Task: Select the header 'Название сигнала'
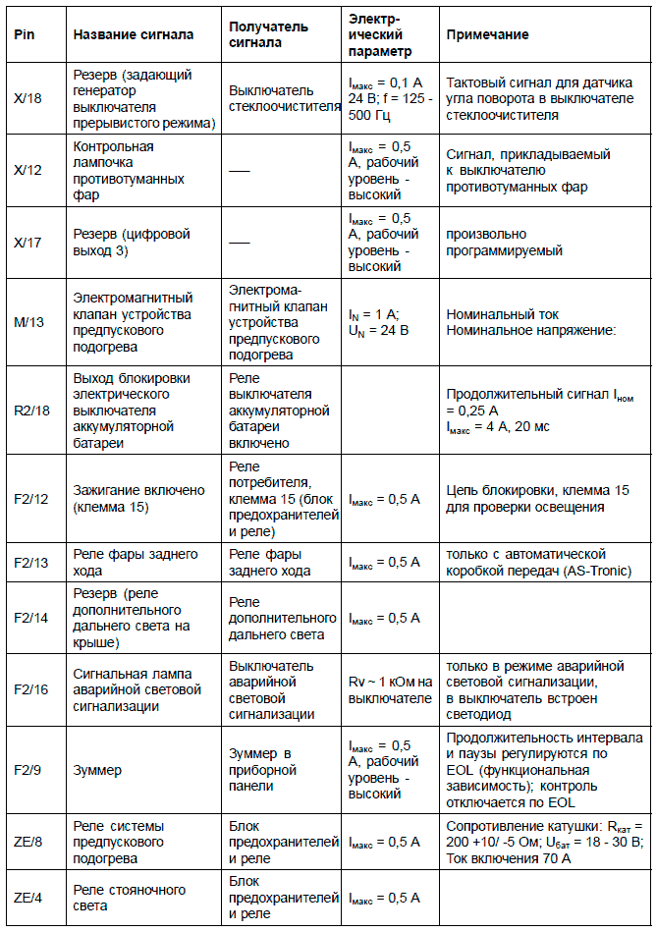pos(134,35)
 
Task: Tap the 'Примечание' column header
pos(487,35)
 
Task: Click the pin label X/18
pos(28,99)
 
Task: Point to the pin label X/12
pos(28,170)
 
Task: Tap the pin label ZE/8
pos(28,841)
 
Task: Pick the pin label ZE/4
pos(28,898)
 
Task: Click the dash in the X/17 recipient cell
pos(240,243)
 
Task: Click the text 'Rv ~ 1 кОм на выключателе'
pos(390,690)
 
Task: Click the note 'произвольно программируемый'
pos(504,243)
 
